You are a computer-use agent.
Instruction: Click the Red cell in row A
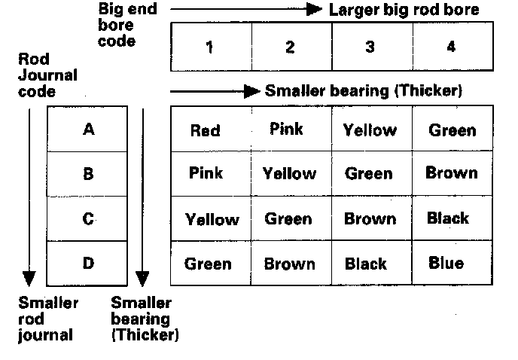point(205,130)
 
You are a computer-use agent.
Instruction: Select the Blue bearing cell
point(446,264)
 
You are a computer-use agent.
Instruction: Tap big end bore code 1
point(209,47)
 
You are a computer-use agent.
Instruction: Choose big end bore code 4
point(451,47)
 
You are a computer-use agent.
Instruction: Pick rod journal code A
point(88,130)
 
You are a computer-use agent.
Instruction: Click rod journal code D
point(88,264)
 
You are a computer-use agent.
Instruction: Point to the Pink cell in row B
point(206,173)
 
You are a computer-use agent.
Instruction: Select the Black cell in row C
point(447,218)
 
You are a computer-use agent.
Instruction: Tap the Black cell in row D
point(366,264)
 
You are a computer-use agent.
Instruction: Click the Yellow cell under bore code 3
point(370,130)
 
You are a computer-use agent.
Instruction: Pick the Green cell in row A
point(452,130)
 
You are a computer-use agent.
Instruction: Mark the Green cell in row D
point(208,264)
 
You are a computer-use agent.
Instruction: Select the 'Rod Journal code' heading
point(47,75)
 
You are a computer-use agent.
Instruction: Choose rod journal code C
point(88,219)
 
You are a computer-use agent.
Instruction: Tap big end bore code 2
point(290,47)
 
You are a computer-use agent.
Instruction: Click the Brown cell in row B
point(451,173)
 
